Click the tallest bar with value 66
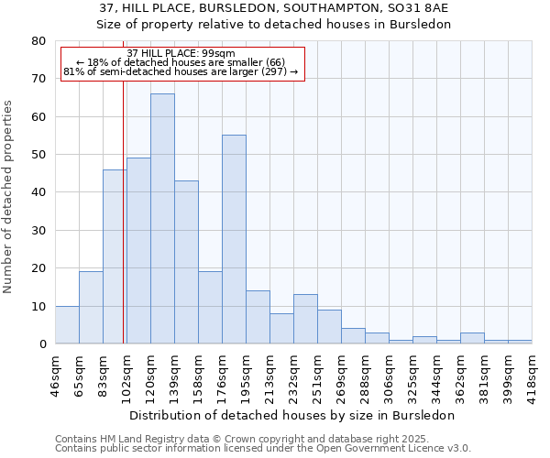pyautogui.click(x=162, y=219)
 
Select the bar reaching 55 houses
pyautogui.click(x=234, y=240)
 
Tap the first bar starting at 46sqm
pyautogui.click(x=67, y=325)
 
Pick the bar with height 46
pyautogui.click(x=115, y=256)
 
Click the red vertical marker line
pyautogui.click(x=123, y=229)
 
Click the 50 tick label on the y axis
pyautogui.click(x=38, y=155)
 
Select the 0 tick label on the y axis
pyautogui.click(x=42, y=344)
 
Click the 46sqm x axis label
pyautogui.click(x=56, y=375)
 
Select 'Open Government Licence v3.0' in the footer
pyautogui.click(x=393, y=448)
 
